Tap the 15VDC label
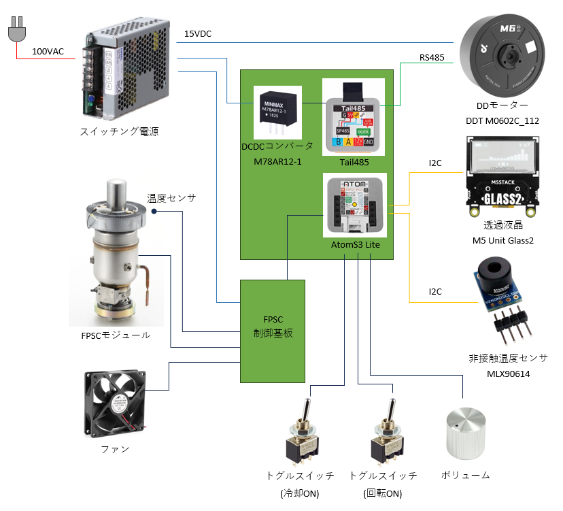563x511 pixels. tap(198, 34)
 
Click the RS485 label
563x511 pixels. tap(432, 58)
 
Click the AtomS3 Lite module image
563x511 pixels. tap(353, 205)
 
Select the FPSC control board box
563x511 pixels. tap(272, 331)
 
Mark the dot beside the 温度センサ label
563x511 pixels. tap(154, 212)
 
